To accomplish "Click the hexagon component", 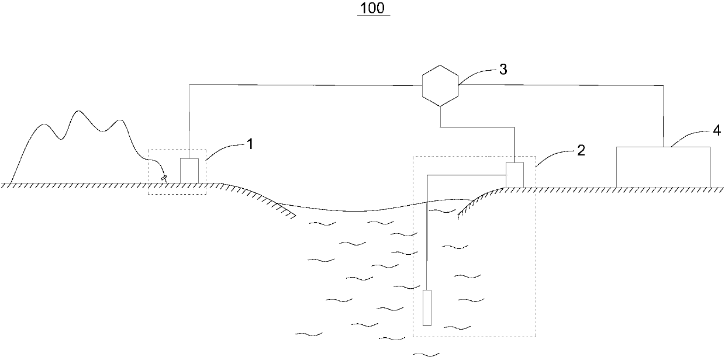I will coord(440,85).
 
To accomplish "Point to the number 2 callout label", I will coord(581,150).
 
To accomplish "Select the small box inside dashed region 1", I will coord(189,171).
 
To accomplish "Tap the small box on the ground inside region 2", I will coord(515,175).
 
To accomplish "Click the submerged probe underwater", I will coord(429,307).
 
